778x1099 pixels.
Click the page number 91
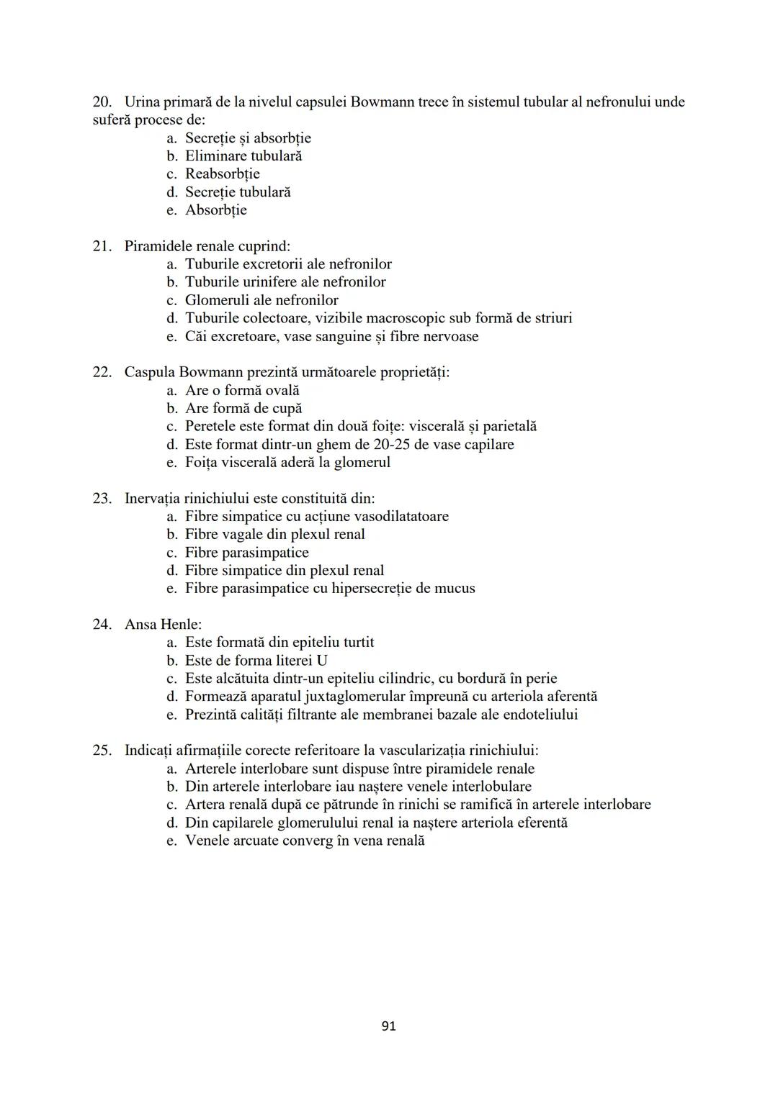click(x=388, y=1026)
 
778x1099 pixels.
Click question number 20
click(x=102, y=101)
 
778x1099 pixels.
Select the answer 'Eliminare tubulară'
click(x=243, y=156)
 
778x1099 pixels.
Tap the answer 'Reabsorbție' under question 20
click(x=222, y=174)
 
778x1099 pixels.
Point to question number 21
click(x=102, y=246)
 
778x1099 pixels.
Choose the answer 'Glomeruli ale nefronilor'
click(x=261, y=300)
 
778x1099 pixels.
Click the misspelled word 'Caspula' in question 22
click(x=149, y=372)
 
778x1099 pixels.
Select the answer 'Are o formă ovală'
click(x=242, y=390)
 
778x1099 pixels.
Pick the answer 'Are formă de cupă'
click(x=243, y=408)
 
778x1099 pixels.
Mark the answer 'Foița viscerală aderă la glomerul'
click(x=287, y=462)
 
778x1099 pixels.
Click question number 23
click(x=102, y=498)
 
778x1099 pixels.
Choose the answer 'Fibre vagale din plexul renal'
click(x=274, y=534)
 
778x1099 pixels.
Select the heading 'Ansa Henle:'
click(x=163, y=624)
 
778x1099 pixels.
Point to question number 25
click(x=102, y=750)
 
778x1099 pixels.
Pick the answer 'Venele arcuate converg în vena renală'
click(x=305, y=841)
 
